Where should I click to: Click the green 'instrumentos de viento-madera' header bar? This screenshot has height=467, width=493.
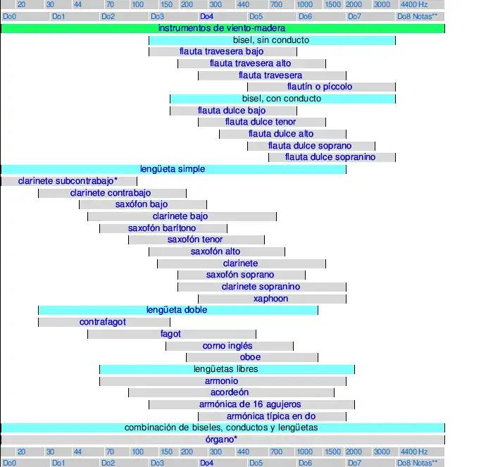click(x=222, y=28)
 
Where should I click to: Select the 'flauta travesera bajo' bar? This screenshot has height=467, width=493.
click(x=222, y=51)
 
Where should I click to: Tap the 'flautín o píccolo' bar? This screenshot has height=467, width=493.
click(x=319, y=87)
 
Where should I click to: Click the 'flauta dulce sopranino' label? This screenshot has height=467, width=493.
click(x=330, y=157)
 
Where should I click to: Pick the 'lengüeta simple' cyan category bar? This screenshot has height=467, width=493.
click(x=173, y=169)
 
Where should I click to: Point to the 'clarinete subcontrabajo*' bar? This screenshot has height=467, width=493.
click(x=68, y=181)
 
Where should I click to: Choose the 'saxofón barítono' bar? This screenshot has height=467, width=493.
click(x=162, y=228)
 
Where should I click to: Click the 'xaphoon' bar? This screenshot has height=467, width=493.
click(x=271, y=299)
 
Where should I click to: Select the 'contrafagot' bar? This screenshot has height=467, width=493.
click(x=103, y=322)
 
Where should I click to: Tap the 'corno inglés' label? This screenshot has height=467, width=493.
click(x=227, y=346)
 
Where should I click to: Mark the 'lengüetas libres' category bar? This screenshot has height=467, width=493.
click(x=226, y=369)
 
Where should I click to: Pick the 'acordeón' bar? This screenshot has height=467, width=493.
click(x=230, y=392)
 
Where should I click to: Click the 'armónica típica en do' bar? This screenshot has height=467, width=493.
click(x=271, y=416)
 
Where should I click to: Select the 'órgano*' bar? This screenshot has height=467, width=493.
click(x=222, y=440)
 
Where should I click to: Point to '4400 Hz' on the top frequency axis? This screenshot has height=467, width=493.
click(x=413, y=5)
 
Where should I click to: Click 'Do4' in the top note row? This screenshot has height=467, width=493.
click(x=206, y=16)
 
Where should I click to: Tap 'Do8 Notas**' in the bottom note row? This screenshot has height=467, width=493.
click(x=417, y=463)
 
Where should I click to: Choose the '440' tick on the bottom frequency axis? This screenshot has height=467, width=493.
click(x=243, y=452)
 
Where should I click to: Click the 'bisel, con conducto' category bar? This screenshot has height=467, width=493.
click(x=282, y=99)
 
